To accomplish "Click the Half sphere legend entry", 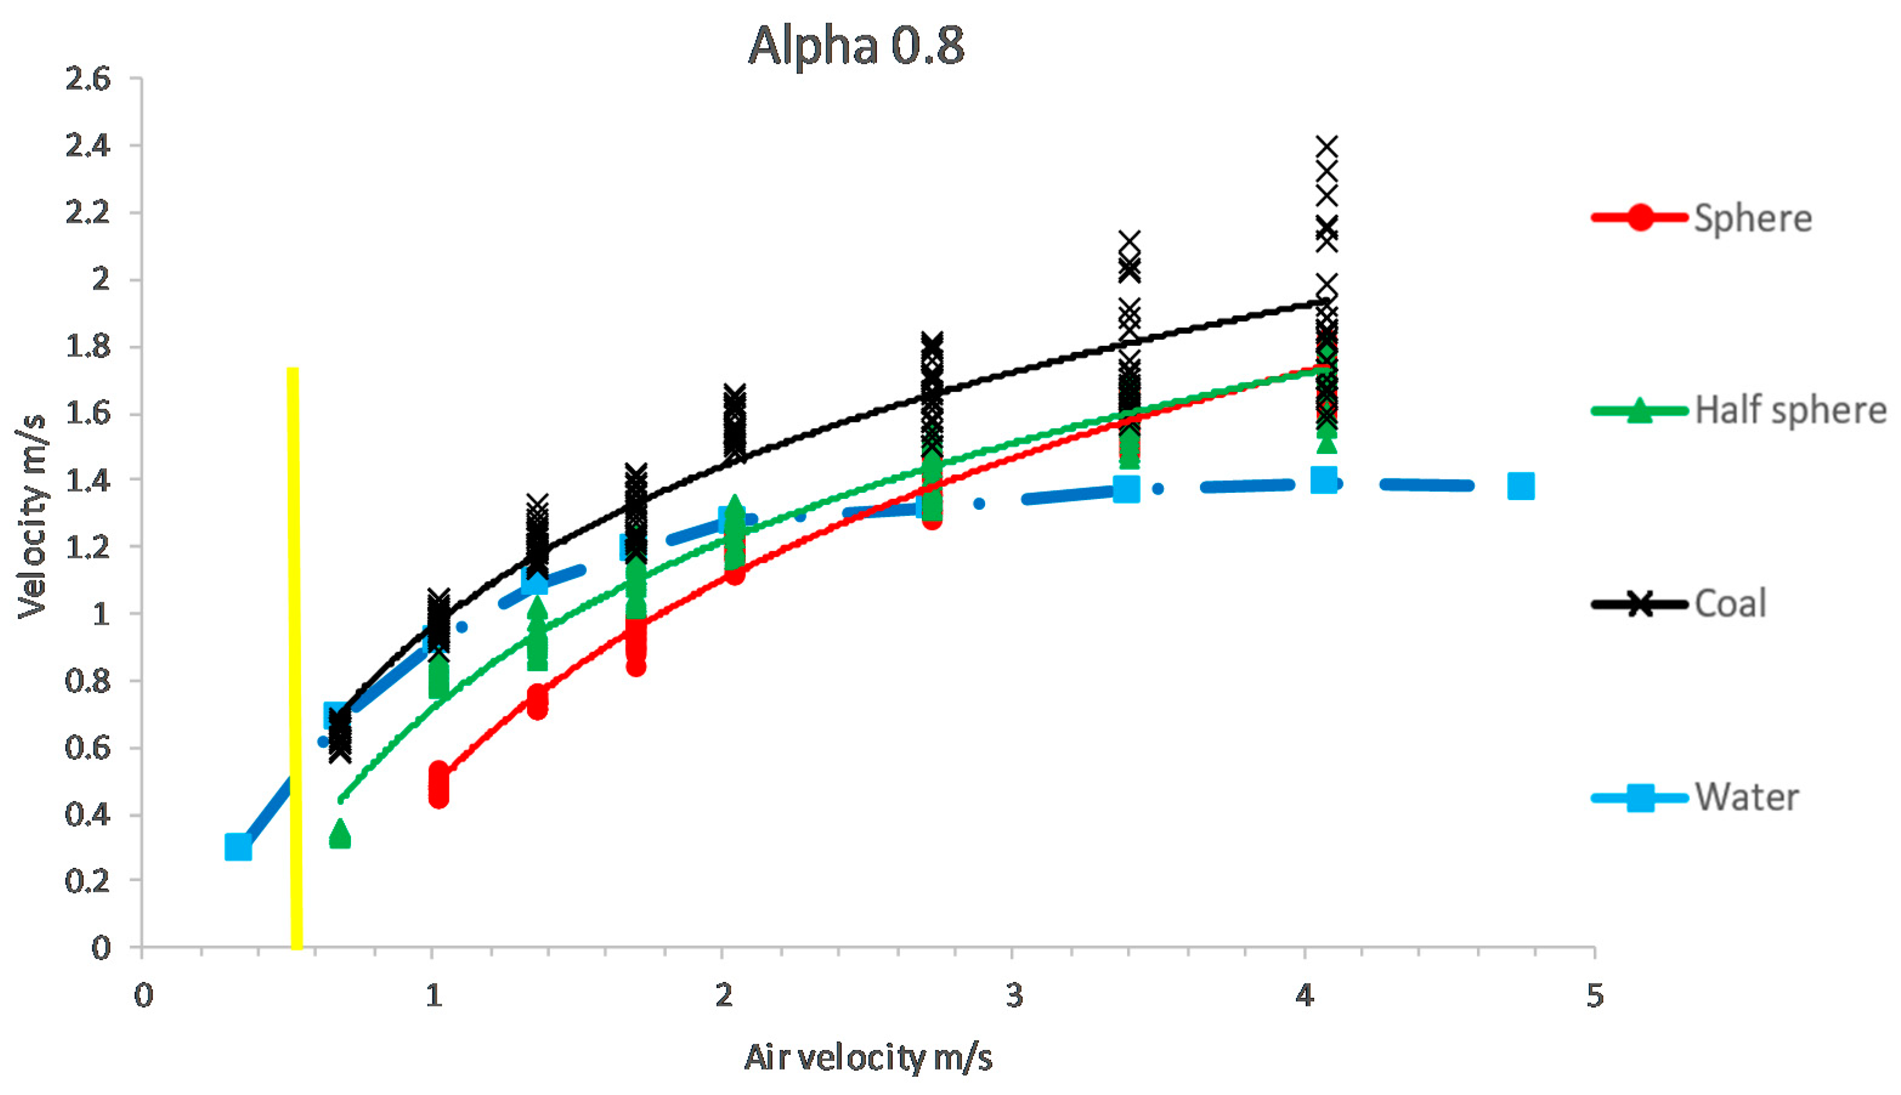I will [1790, 410].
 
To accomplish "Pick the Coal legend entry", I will [1729, 604].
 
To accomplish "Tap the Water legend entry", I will [1746, 797].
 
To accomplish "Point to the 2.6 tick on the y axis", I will [88, 79].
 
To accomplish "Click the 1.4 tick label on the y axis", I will [88, 480].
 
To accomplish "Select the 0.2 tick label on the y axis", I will [88, 881].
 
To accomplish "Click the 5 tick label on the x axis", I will [1595, 995].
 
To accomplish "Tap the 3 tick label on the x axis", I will [1013, 995].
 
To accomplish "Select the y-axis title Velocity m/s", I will [32, 517].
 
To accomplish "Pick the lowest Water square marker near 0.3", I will [237, 847].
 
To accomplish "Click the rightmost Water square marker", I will [1521, 487].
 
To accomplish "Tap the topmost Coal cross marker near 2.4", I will [1327, 147].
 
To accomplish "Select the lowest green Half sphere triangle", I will [340, 833].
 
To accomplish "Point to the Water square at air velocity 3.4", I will [1126, 489].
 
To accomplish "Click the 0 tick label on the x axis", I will [143, 995].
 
